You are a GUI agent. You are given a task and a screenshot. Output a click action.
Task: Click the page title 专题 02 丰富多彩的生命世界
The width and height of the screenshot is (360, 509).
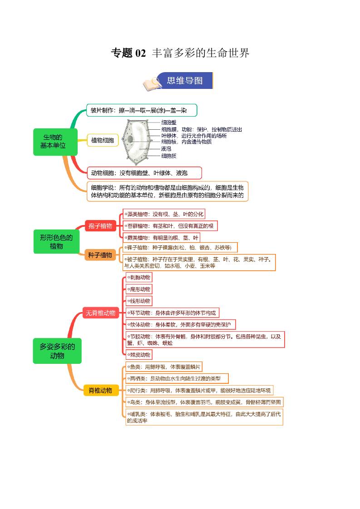pyautogui.click(x=180, y=53)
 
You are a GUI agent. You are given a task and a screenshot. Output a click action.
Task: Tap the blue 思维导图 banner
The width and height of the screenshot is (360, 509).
pyautogui.click(x=184, y=81)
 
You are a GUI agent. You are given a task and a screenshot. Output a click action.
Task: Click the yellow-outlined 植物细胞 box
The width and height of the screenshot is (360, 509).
pyautogui.click(x=103, y=140)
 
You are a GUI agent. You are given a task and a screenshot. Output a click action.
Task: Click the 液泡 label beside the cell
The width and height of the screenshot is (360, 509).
pyautogui.click(x=166, y=148)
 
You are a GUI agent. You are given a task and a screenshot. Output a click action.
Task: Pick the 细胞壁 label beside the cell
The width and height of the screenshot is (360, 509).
pyautogui.click(x=169, y=122)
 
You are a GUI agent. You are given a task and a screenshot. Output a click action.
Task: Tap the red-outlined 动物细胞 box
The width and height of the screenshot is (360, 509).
pyautogui.click(x=144, y=173)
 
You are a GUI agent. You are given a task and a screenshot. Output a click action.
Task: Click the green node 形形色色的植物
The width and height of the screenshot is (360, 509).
pyautogui.click(x=56, y=241)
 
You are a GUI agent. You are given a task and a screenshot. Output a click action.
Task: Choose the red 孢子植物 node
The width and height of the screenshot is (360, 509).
pyautogui.click(x=100, y=225)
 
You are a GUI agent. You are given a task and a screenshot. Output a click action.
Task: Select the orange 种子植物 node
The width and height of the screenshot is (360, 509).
pyautogui.click(x=100, y=255)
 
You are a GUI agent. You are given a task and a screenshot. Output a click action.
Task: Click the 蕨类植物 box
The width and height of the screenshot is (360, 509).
pyautogui.click(x=162, y=237)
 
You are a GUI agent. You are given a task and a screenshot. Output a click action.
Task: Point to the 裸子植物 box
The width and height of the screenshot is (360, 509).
pyautogui.click(x=180, y=248)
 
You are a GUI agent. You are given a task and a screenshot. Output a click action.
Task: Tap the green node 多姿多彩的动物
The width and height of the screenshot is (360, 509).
pyautogui.click(x=57, y=351)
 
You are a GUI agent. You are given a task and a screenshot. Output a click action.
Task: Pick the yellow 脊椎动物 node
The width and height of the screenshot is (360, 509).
pyautogui.click(x=101, y=390)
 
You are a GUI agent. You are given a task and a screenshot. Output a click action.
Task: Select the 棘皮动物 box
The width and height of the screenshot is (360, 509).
pyautogui.click(x=138, y=354)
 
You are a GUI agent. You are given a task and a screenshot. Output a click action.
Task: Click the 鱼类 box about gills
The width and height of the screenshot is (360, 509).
pyautogui.click(x=164, y=367)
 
